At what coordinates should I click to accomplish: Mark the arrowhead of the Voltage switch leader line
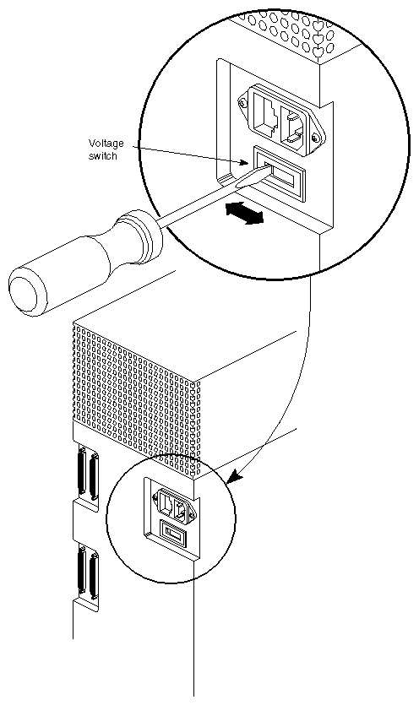(x=248, y=161)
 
